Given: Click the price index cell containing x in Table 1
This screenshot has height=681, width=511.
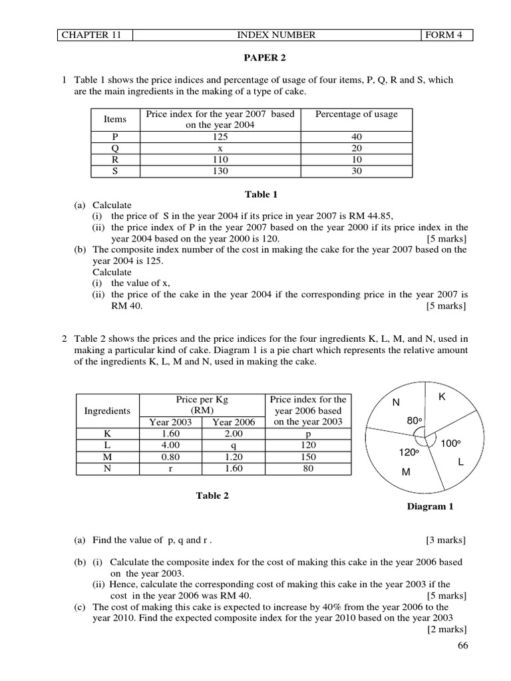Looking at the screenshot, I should (220, 148).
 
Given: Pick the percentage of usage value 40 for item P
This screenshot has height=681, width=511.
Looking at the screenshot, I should (357, 137).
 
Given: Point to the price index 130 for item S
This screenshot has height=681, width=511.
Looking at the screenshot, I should (220, 171).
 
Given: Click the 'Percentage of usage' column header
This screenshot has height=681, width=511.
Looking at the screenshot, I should (357, 114).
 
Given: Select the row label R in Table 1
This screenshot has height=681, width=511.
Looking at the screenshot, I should (115, 160).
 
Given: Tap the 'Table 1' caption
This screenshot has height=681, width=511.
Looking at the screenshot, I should (261, 194).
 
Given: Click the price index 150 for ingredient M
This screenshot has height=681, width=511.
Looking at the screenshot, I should (308, 457).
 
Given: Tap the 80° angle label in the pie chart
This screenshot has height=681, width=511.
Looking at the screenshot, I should (415, 421).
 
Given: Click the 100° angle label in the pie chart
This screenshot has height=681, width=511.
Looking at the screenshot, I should (451, 443).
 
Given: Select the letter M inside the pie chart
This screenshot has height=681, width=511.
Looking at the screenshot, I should (406, 472).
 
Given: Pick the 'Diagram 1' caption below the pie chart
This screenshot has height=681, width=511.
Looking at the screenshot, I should (430, 506).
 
